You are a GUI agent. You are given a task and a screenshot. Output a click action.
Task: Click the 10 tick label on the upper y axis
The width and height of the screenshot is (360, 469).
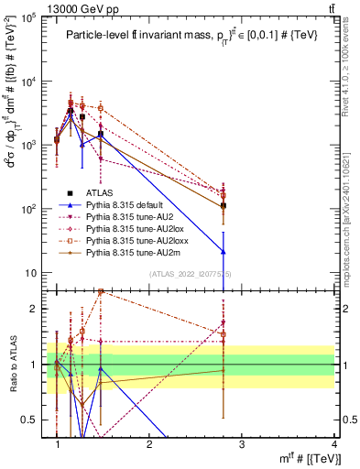point(34,273)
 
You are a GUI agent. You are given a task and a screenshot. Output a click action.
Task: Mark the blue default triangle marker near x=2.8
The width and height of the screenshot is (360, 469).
point(224,252)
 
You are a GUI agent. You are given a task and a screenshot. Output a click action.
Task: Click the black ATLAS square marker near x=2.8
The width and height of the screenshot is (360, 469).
point(224,206)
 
